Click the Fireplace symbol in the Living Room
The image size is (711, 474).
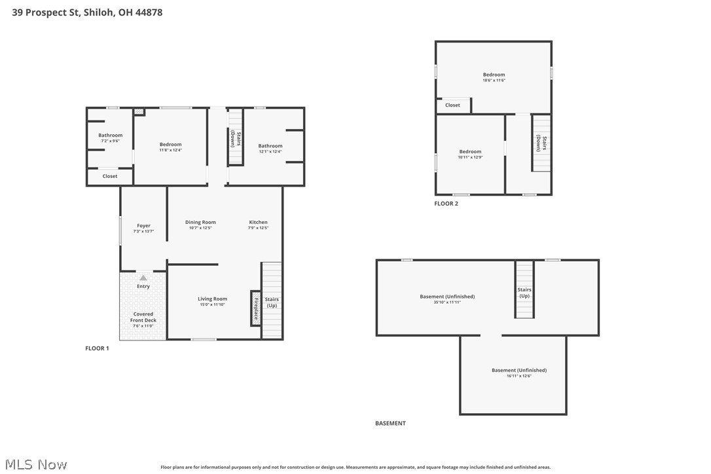pos(256,308)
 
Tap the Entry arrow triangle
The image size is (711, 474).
pos(143,278)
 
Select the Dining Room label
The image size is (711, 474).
pos(200,222)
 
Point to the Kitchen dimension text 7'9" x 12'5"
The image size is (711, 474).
pos(258,228)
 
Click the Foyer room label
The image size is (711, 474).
pos(144,225)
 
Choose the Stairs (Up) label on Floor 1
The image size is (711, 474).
pos(272,302)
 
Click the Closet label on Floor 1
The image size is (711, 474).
pos(110,176)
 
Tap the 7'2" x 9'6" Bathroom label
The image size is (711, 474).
pos(110,138)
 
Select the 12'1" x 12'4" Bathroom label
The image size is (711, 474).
pos(270,149)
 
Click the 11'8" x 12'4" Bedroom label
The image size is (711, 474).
pos(170,147)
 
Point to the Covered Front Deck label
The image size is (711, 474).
pos(143,319)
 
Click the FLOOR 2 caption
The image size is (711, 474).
pos(447,204)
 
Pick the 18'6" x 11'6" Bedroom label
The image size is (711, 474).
pos(494,77)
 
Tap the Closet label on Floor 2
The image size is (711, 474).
pos(452,105)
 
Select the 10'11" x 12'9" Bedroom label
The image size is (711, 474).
pos(470,155)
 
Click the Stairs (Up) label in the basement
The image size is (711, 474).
pos(524,293)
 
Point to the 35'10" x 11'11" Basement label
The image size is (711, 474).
pos(447,299)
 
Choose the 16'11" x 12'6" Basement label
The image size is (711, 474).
pos(519,373)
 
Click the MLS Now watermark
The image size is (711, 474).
pos(36,464)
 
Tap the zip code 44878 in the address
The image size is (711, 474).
pos(149,12)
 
